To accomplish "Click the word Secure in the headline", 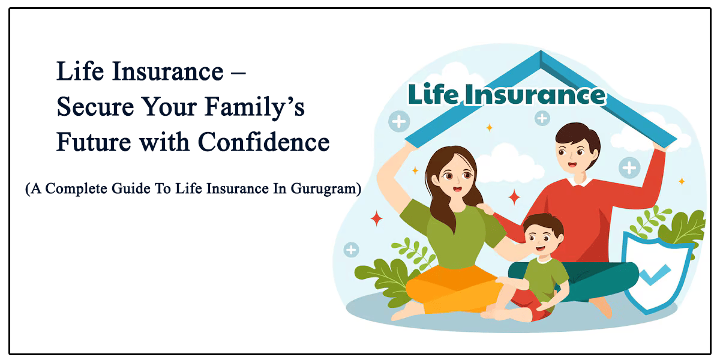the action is [95, 106].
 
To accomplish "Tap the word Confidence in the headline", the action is [263, 142].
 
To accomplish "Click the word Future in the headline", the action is [94, 142].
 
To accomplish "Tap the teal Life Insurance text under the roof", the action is [507, 94].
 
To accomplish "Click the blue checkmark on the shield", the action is [655, 275].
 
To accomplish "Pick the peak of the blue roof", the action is [541, 52].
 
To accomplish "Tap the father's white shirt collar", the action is [580, 182].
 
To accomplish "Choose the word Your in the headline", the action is [169, 106].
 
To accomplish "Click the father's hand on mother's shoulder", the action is [485, 209].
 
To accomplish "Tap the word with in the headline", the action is [164, 142].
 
